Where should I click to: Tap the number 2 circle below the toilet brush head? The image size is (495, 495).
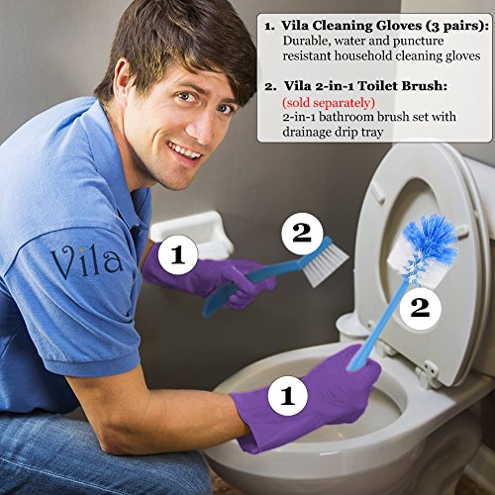[x=419, y=307]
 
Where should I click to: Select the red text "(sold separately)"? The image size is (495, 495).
[x=328, y=102]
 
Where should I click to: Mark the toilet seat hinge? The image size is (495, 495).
[x=429, y=371]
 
